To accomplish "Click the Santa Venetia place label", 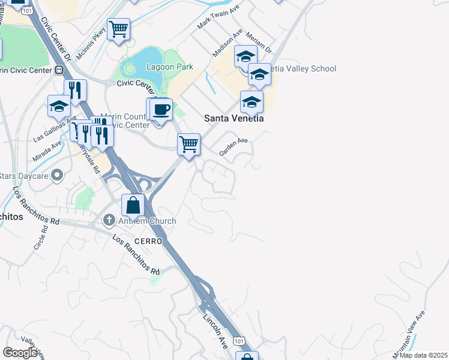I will click(x=234, y=118).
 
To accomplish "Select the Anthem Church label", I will click(x=147, y=221).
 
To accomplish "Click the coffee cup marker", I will click(x=161, y=110).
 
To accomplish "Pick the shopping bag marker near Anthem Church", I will click(x=133, y=206).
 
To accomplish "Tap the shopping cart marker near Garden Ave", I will click(x=188, y=145).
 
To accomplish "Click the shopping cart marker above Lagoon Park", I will click(x=119, y=28).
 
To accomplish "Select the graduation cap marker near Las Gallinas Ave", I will click(x=59, y=107).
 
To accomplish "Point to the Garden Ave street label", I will click(x=234, y=147).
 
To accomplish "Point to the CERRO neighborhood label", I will click(x=148, y=241).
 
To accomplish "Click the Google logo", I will click(x=20, y=353).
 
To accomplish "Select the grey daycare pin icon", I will click(x=57, y=176).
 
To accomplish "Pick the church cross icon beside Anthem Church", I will click(x=109, y=220).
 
